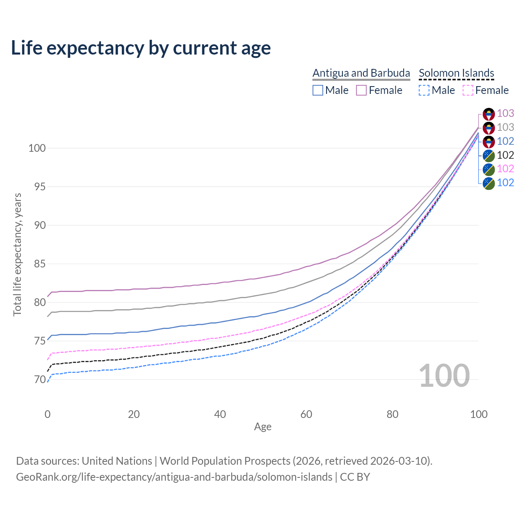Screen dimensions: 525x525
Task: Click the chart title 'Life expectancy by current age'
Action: pyautogui.click(x=141, y=48)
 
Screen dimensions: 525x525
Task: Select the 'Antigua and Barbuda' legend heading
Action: pyautogui.click(x=361, y=73)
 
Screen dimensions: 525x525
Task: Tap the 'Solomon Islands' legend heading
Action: pyautogui.click(x=457, y=73)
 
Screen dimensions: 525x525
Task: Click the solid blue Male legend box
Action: pyautogui.click(x=318, y=90)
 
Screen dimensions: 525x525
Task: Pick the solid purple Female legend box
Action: pyautogui.click(x=361, y=90)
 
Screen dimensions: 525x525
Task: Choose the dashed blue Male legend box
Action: pyautogui.click(x=424, y=90)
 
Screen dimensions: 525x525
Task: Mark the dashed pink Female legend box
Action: pyautogui.click(x=468, y=90)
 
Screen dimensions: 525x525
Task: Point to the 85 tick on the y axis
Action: pyautogui.click(x=40, y=264)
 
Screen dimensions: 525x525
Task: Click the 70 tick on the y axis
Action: pyautogui.click(x=40, y=380)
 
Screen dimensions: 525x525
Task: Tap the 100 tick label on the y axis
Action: pyautogui.click(x=37, y=148)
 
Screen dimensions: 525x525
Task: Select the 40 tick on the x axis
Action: pyautogui.click(x=220, y=414)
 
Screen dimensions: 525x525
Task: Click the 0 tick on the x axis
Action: pyautogui.click(x=48, y=414)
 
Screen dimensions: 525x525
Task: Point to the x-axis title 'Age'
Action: pyautogui.click(x=262, y=427)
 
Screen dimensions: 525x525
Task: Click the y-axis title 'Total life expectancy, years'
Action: pyautogui.click(x=17, y=255)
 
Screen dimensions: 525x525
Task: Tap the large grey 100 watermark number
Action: pyautogui.click(x=444, y=376)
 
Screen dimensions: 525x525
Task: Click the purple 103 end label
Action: pyautogui.click(x=505, y=114)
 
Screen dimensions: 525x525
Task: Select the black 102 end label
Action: pyautogui.click(x=505, y=155)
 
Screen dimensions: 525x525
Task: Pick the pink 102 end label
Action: pyautogui.click(x=505, y=169)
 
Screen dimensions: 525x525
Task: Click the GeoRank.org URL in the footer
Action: pyautogui.click(x=174, y=477)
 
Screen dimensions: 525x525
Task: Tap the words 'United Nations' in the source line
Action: pyautogui.click(x=117, y=461)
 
